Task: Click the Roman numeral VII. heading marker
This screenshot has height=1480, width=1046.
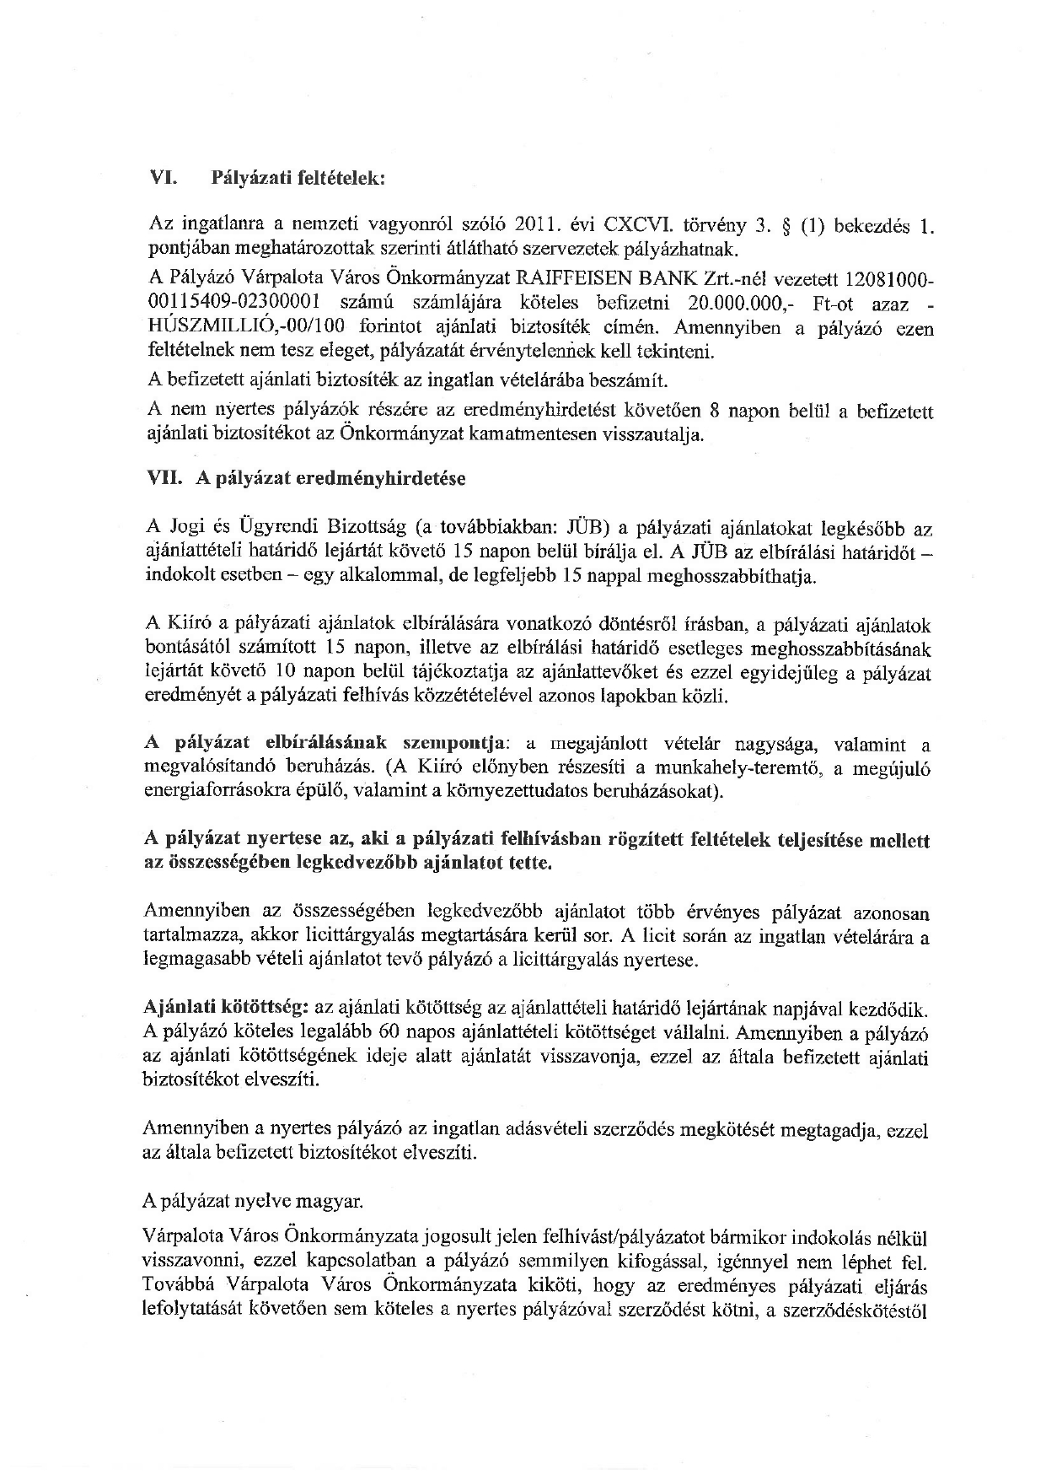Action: click(x=165, y=478)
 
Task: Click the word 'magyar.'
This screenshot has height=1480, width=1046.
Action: click(x=327, y=1199)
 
